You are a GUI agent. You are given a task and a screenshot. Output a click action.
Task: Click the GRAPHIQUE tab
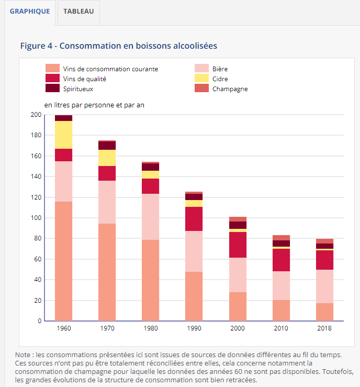[x=30, y=11]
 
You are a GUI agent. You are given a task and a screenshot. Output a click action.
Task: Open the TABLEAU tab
[x=78, y=11]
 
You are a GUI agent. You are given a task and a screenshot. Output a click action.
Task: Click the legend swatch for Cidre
[x=201, y=79]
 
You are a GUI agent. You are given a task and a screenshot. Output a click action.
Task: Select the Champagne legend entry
[x=230, y=89]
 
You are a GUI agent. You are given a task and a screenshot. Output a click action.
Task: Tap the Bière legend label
[x=220, y=69]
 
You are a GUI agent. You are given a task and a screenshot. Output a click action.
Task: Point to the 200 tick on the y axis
[x=36, y=115]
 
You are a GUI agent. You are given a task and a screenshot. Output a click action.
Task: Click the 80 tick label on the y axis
[x=37, y=238]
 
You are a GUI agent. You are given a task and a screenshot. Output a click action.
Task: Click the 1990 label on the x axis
[x=194, y=328]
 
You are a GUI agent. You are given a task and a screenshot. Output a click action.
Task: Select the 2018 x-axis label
[x=324, y=328]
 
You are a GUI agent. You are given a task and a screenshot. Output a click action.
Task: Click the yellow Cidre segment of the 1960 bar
[x=64, y=135]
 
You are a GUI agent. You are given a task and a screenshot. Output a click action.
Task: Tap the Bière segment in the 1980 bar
[x=151, y=217]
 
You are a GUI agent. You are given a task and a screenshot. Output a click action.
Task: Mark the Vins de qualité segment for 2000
[x=238, y=245]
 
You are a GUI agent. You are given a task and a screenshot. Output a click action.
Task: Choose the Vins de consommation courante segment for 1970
[x=107, y=272]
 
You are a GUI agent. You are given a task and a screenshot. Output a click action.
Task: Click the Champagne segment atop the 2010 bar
[x=281, y=238]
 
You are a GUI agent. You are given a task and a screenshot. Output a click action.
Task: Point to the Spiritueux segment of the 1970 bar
[x=107, y=146]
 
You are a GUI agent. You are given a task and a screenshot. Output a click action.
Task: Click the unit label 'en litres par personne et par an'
[x=94, y=105]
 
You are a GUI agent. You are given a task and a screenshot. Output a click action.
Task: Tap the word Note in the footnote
[x=23, y=355]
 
